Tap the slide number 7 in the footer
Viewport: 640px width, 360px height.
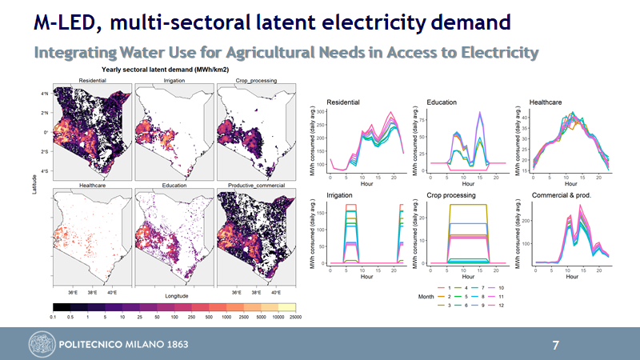click(556, 346)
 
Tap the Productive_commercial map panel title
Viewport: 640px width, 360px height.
click(257, 186)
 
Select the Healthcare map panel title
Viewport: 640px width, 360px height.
click(94, 186)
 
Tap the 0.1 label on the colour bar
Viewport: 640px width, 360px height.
click(53, 318)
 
